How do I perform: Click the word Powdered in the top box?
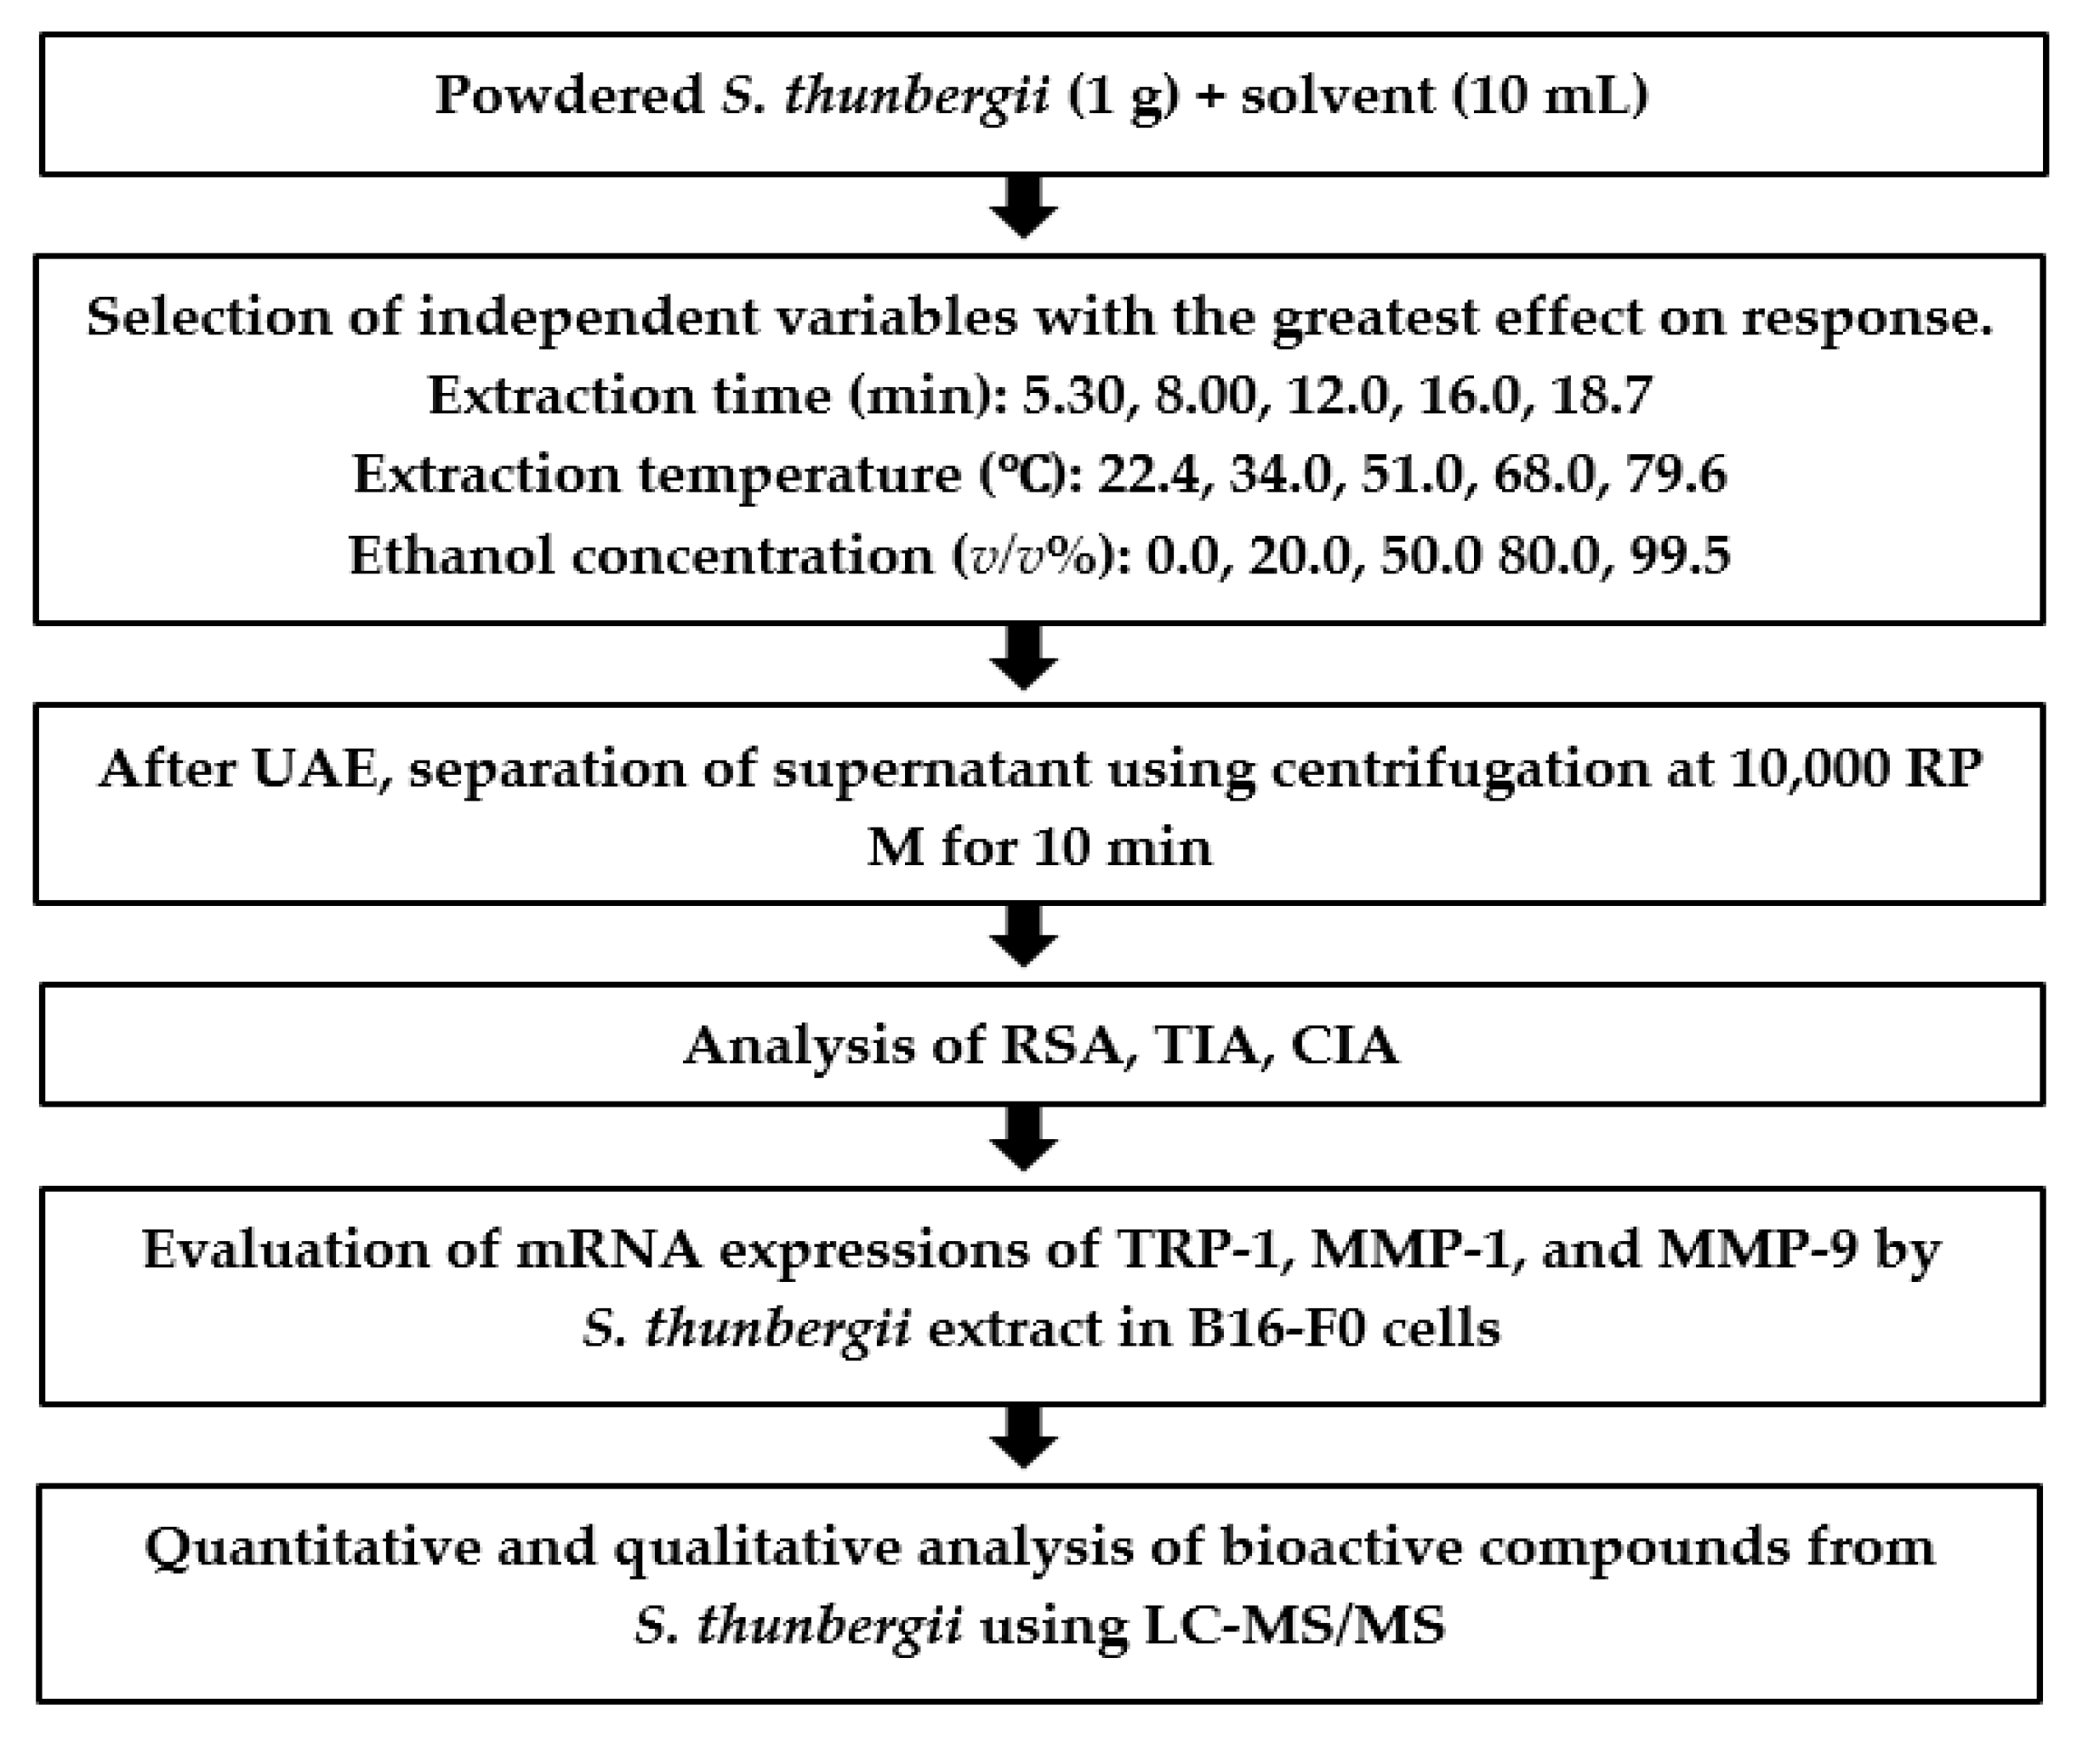tap(570, 96)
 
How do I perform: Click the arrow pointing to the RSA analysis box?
tap(1024, 936)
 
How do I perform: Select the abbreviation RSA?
tap(1067, 1045)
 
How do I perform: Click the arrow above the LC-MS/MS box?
tap(1024, 1438)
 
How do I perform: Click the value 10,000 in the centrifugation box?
tap(1803, 769)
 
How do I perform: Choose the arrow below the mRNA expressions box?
tap(1024, 1438)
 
